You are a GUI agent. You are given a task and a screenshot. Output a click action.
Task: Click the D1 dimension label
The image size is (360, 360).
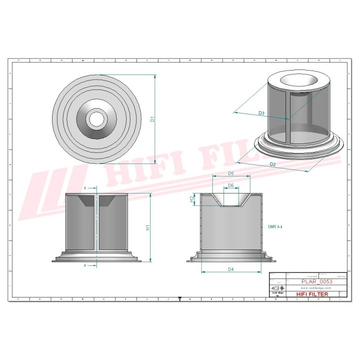click(x=152, y=119)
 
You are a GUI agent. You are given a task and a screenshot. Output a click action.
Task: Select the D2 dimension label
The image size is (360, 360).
click(x=272, y=164)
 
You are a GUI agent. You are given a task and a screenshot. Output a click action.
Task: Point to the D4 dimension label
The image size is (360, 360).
click(x=230, y=269)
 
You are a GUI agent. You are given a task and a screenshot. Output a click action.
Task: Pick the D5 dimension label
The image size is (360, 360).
click(x=230, y=173)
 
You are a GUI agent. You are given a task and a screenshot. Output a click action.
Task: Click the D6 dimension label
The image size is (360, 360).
click(x=230, y=185)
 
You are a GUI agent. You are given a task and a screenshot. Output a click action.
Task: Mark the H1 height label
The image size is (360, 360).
click(x=147, y=227)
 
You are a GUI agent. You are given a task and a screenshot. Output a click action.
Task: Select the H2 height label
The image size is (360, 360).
click(x=191, y=199)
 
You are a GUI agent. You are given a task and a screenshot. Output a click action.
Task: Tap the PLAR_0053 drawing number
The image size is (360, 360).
click(x=316, y=281)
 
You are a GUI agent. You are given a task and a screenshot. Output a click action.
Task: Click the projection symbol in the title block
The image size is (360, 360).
click(x=276, y=288)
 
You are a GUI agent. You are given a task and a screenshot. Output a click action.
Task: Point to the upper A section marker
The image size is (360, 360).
click(x=85, y=188)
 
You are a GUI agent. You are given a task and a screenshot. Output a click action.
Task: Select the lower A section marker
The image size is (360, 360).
click(x=85, y=265)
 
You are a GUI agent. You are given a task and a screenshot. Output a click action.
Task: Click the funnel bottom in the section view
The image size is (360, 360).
click(x=230, y=205)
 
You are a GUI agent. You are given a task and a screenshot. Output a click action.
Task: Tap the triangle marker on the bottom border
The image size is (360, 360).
click(x=179, y=300)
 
